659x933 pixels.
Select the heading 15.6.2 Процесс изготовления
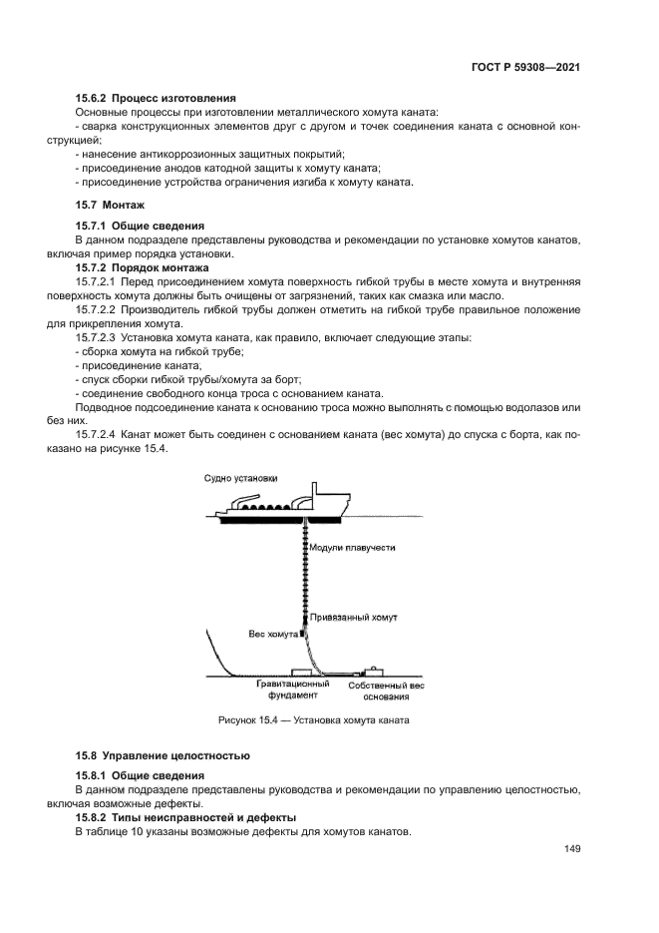click(156, 98)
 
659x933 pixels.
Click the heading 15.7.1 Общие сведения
click(140, 226)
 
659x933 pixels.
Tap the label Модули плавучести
click(353, 548)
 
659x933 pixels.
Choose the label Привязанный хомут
click(353, 618)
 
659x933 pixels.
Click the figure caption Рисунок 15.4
click(314, 719)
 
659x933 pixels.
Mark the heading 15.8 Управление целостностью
click(163, 754)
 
